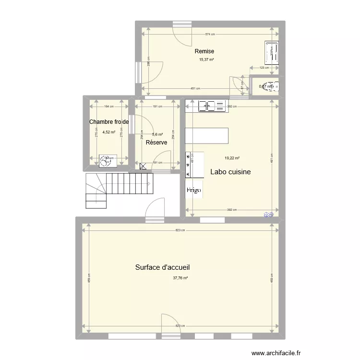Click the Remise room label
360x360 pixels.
[204, 51]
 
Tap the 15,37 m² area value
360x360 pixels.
[206, 60]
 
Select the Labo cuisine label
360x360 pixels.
[230, 172]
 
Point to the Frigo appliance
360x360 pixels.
[194, 190]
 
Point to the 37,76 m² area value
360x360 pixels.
[180, 277]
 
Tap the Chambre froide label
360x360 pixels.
[109, 122]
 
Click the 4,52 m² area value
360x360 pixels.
[108, 132]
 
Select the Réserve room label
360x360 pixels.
[156, 143]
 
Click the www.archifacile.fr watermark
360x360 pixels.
[277, 351]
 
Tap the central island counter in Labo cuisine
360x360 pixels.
[207, 136]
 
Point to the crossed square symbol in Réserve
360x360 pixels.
[143, 167]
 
